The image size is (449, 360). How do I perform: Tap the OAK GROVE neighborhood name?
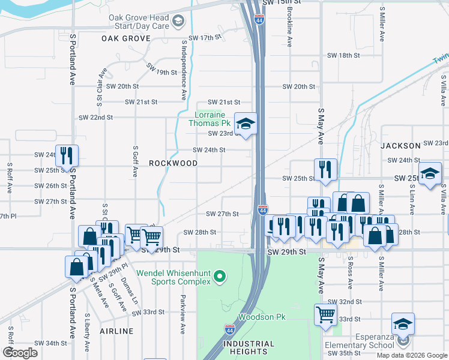point(125,38)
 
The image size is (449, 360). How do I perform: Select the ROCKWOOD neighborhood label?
point(173,163)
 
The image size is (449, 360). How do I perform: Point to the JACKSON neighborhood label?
point(400,146)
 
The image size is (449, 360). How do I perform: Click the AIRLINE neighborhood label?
point(116,331)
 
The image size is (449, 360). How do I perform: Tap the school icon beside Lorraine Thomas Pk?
point(246,124)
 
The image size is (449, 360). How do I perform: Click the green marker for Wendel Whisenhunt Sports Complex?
point(220,277)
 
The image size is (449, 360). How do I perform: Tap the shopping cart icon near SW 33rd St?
point(325,313)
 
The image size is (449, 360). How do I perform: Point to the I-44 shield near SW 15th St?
point(258,19)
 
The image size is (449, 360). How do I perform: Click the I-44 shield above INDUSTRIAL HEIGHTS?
point(230,329)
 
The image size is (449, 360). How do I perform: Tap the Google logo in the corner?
point(20,352)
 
